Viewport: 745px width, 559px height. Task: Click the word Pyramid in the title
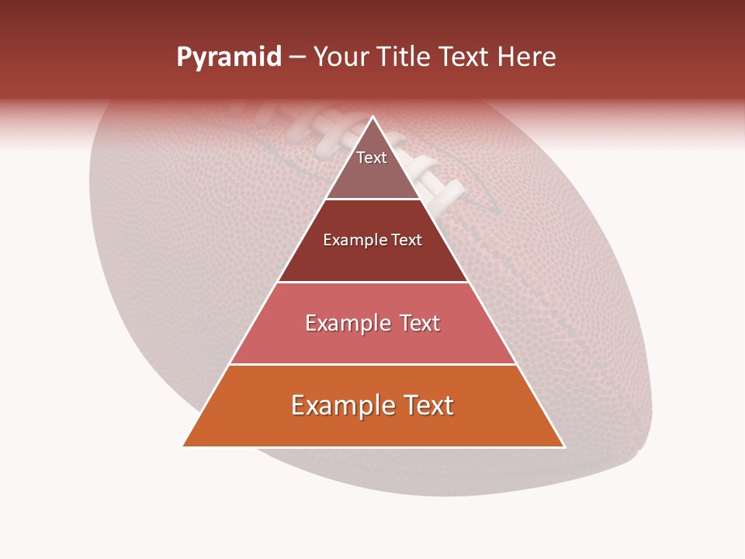(228, 57)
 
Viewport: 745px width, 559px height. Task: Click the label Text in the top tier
(372, 158)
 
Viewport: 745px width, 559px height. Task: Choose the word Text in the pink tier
(419, 324)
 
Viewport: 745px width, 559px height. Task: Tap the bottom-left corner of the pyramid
(183, 446)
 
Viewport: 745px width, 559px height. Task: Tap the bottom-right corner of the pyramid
(564, 446)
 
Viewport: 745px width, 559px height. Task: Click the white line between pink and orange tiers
(372, 364)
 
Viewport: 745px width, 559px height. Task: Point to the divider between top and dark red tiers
(372, 200)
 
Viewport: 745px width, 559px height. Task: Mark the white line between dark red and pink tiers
(372, 282)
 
